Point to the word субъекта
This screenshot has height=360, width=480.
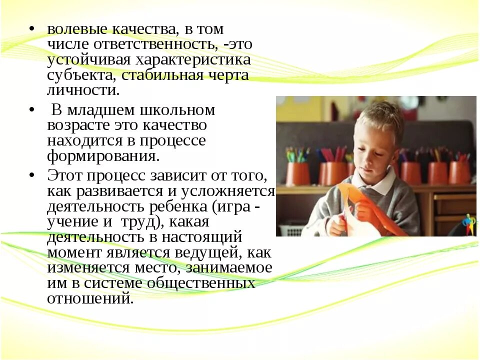tap(75, 76)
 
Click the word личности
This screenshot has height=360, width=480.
tap(83, 91)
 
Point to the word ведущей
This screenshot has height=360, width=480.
tap(199, 252)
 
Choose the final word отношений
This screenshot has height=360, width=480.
tap(90, 298)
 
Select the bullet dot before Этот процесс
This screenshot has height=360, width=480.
tap(31, 175)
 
